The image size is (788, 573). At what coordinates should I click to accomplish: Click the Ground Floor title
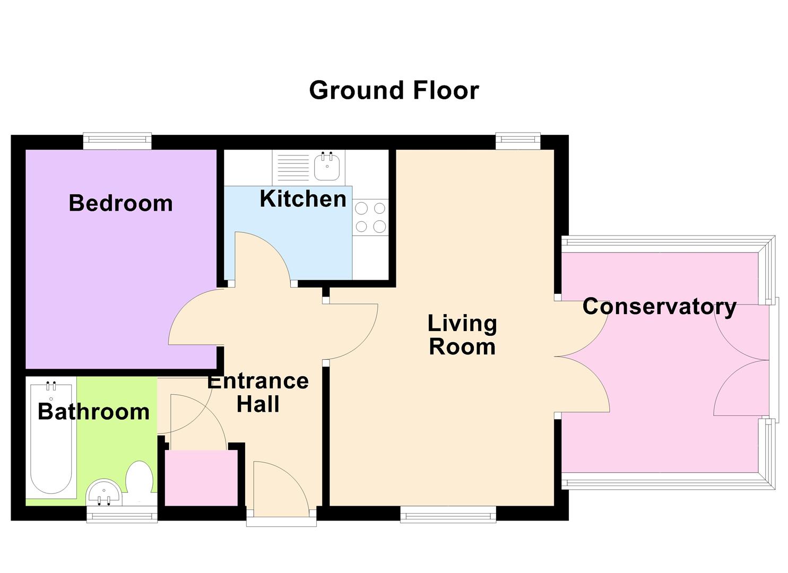point(394,90)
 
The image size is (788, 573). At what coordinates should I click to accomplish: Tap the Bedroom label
point(120,203)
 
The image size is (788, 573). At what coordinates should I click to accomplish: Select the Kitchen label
point(302,199)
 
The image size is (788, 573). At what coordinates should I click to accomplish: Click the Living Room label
point(462,335)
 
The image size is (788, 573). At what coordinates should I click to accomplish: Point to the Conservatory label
point(659,307)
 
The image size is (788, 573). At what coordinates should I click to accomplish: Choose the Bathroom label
point(93,412)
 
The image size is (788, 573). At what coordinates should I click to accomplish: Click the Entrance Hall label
point(258,393)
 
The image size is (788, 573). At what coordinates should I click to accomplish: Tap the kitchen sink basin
point(327,166)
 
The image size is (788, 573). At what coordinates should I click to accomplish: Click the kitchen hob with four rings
point(370,217)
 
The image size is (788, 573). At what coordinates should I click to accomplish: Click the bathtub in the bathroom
point(51,438)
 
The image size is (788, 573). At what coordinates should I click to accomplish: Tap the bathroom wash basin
point(104,493)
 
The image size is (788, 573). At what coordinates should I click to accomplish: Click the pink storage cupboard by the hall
point(201,477)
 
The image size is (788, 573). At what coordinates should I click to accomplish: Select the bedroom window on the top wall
point(117,141)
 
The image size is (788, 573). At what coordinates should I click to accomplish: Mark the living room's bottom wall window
point(448,514)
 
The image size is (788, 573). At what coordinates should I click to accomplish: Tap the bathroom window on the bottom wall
point(122,514)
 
